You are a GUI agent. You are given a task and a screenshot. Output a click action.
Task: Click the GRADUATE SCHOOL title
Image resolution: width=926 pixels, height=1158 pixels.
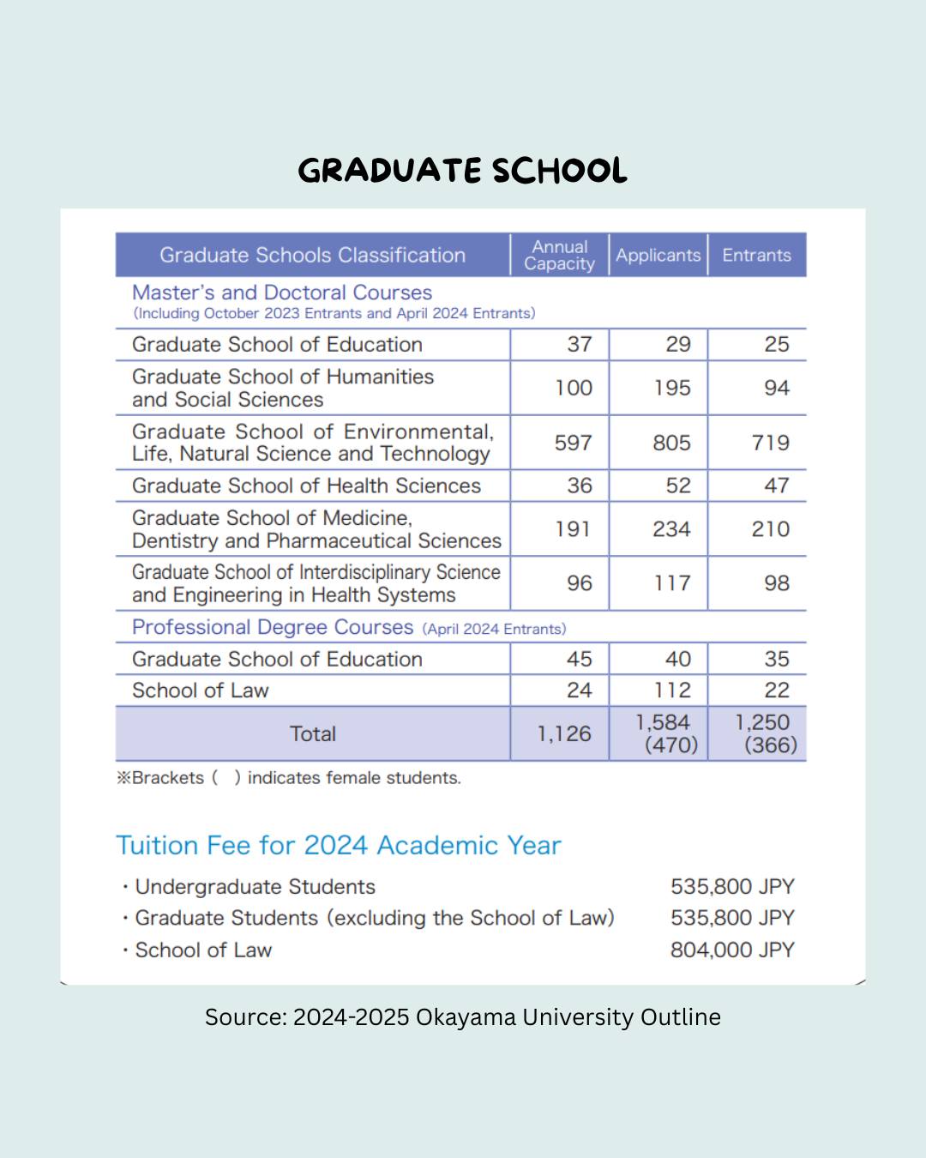[x=462, y=171]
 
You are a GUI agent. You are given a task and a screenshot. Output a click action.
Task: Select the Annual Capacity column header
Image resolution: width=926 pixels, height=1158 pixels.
[x=559, y=256]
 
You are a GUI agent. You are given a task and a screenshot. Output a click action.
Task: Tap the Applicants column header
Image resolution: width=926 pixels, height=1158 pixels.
[x=658, y=256]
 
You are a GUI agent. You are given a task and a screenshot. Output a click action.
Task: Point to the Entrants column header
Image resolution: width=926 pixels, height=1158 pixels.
[x=756, y=256]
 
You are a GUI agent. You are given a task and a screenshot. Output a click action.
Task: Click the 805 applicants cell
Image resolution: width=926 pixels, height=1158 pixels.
[x=671, y=443]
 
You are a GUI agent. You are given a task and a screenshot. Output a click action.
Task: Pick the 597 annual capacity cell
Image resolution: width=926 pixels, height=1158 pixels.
[x=573, y=443]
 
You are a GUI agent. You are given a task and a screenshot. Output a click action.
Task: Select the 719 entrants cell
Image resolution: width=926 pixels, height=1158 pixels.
[x=770, y=443]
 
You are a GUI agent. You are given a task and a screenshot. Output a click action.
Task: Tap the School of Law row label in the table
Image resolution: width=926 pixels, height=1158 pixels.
[x=201, y=691]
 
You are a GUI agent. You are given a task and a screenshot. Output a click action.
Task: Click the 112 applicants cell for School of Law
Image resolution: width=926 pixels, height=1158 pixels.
[x=672, y=691]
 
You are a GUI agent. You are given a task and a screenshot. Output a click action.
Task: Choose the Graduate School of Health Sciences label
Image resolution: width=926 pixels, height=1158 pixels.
[x=306, y=486]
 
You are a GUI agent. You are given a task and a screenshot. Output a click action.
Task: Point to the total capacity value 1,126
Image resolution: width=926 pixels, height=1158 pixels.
[x=564, y=734]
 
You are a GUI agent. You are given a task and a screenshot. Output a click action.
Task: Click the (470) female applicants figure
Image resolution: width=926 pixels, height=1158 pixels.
[x=671, y=745]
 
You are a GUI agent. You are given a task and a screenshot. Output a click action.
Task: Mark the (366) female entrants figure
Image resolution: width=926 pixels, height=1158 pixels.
[x=770, y=745]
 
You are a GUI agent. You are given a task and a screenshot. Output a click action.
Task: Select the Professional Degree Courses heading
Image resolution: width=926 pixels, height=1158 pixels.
[x=273, y=627]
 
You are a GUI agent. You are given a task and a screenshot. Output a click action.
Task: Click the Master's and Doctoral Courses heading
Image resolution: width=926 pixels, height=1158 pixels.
[x=282, y=293]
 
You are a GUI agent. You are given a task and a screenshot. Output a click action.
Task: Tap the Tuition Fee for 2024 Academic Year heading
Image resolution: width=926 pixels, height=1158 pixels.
[x=339, y=846]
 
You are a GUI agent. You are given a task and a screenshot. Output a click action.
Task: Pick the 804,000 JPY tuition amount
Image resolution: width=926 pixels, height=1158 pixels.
[x=732, y=950]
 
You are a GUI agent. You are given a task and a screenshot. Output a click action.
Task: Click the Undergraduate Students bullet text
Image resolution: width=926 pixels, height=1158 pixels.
[x=255, y=887]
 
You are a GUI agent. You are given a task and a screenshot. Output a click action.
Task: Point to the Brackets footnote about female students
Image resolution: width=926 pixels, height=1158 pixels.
[x=289, y=778]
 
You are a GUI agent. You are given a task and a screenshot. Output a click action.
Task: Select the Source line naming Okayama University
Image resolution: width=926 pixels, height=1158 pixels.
[x=463, y=1017]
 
